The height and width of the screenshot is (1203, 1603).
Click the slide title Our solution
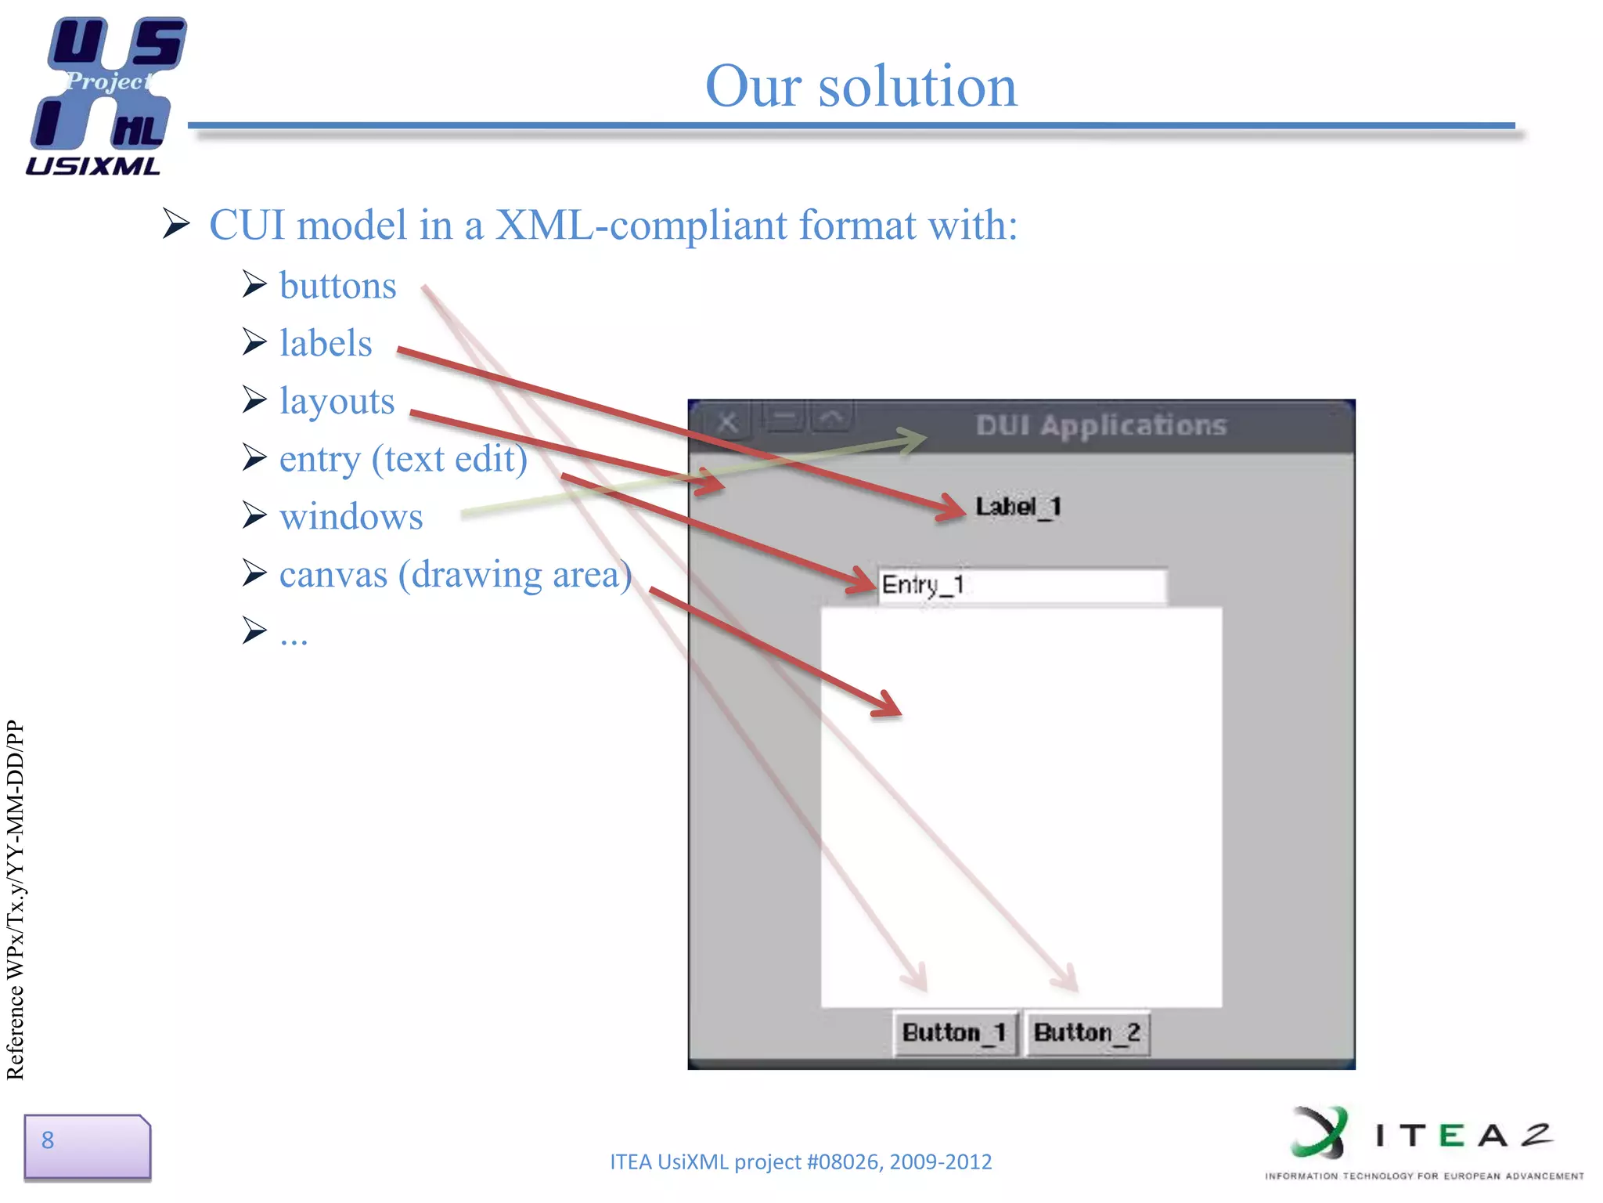coord(860,86)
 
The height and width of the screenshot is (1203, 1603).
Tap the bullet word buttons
coord(337,286)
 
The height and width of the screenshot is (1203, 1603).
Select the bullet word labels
coord(326,344)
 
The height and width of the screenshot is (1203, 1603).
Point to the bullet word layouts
coord(337,402)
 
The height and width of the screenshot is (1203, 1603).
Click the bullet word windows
coord(351,518)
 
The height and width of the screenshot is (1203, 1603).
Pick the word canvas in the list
coord(333,576)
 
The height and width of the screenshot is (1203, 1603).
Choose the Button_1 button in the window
coord(954,1032)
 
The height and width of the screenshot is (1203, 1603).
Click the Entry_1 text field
coord(1021,585)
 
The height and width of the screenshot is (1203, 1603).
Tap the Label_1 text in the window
coord(1018,507)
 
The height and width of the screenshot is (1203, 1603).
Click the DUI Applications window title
coord(1100,425)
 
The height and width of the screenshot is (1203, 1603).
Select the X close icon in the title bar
coord(727,423)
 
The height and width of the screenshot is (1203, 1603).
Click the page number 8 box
coord(86,1147)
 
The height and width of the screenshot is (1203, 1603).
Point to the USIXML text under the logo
coord(93,166)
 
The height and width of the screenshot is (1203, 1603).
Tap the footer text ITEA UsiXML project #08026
coord(800,1161)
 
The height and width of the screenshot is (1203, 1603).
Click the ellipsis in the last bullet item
coord(294,636)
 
